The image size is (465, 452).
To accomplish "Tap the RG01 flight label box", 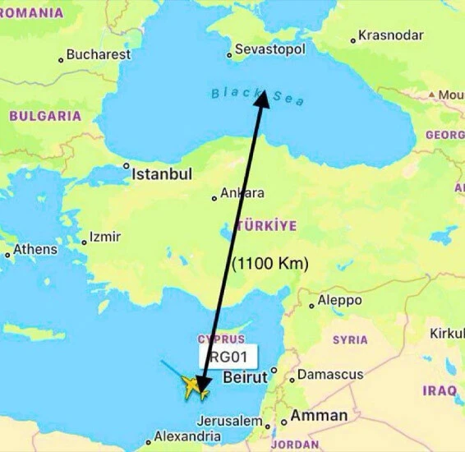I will point(228,357).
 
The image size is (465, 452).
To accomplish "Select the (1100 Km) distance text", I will point(270,264).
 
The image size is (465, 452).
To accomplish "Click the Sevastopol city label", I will point(269,49).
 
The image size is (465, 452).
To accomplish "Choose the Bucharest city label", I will point(98,55).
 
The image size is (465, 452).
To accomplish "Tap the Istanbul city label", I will point(162,174).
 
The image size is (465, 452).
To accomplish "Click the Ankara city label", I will point(242,193).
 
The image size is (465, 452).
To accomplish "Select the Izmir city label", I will point(104,237).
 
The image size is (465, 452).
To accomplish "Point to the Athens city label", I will point(35,249).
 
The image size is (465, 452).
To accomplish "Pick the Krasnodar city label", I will point(392,35).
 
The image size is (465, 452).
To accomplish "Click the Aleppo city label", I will point(339,300).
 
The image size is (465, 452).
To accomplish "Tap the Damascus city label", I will point(329,375).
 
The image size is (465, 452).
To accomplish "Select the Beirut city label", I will point(246,378).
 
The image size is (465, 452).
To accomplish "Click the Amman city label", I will point(319,416).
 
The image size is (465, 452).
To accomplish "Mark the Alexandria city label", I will point(187,436).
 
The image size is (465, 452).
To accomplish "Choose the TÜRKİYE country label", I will point(266,224).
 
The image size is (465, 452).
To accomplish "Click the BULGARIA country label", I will point(45,116).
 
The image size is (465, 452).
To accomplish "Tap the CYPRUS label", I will point(221,339).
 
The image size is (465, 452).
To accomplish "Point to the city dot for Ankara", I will point(214,197).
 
